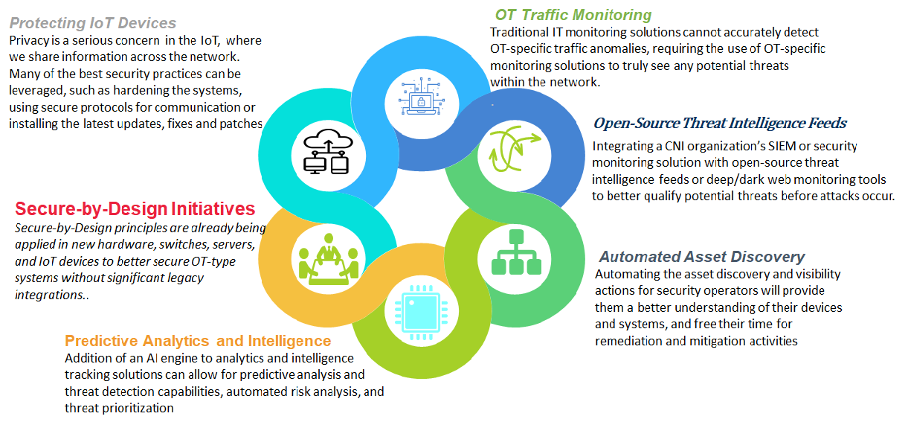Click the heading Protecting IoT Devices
93,23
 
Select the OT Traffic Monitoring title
573,15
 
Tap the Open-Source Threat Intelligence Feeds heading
720,123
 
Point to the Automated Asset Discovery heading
702,257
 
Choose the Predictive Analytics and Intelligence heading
198,341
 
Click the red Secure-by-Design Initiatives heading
135,208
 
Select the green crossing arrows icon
514,148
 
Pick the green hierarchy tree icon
516,252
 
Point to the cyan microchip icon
421,313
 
